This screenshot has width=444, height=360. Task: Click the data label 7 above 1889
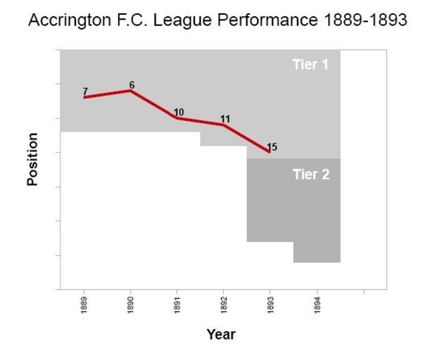(85, 91)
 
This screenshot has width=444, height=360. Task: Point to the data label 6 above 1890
(132, 85)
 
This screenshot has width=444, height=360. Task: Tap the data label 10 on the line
(179, 112)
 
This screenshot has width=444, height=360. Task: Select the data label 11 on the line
(225, 119)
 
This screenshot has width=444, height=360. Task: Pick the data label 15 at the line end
(272, 147)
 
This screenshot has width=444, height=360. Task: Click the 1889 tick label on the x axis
(84, 304)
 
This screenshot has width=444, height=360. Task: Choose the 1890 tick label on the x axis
(131, 304)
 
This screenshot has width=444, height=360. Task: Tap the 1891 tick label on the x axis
(177, 304)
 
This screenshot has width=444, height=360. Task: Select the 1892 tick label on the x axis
(224, 304)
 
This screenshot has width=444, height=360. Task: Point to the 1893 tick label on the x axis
(270, 304)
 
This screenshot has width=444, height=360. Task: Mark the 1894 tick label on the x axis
(317, 304)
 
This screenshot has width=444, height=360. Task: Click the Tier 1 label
(310, 65)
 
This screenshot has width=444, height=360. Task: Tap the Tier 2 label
(310, 175)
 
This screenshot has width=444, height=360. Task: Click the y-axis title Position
(32, 159)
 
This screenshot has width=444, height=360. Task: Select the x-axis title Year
(221, 334)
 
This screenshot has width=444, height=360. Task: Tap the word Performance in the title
(271, 21)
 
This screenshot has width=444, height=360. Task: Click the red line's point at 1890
(131, 91)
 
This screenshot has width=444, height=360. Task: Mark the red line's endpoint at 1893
(269, 151)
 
